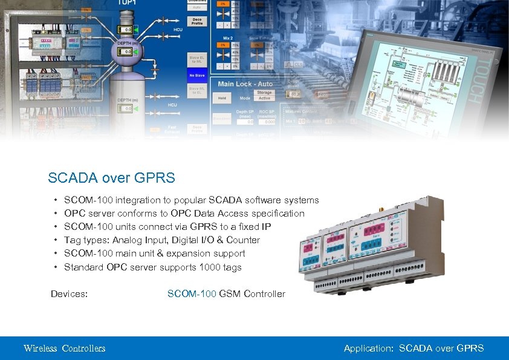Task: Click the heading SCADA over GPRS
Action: click(111, 178)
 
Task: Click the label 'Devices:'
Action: click(70, 294)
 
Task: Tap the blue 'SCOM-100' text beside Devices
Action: click(192, 294)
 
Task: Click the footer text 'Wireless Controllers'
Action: click(65, 348)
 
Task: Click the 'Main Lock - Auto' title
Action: click(245, 84)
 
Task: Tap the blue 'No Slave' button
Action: click(197, 76)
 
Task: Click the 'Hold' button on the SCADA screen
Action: click(222, 98)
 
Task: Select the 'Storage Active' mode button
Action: click(264, 96)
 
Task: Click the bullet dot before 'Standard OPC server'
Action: click(56, 267)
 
